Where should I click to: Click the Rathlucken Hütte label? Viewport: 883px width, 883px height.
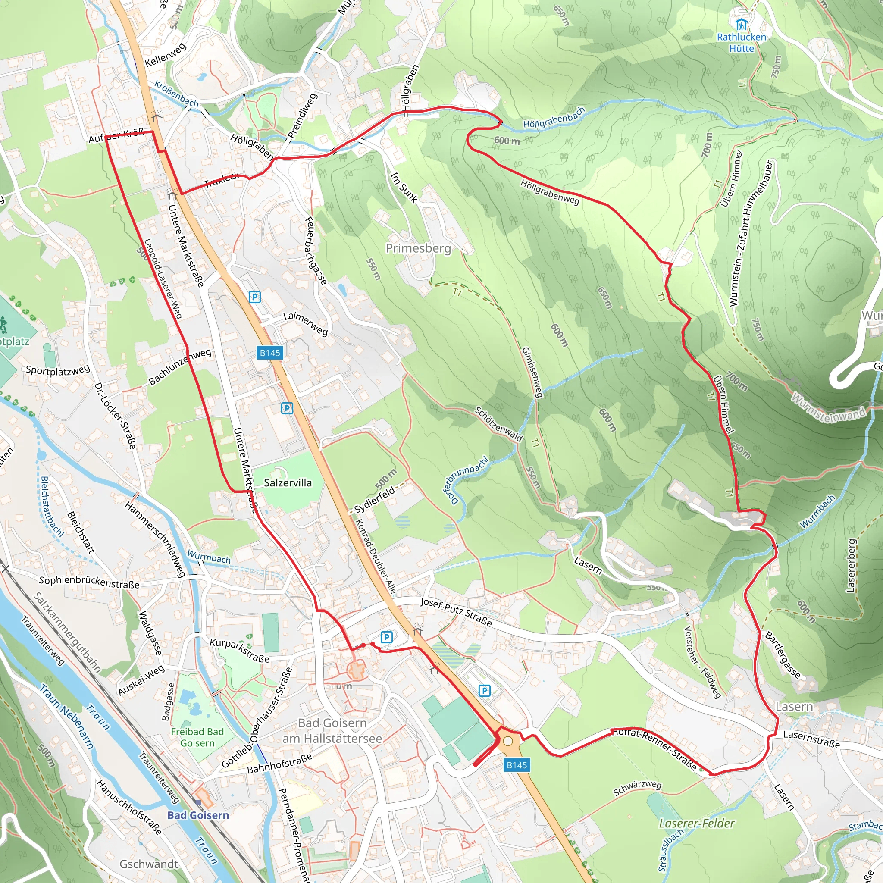(741, 43)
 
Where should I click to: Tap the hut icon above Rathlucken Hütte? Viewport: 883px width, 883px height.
(741, 23)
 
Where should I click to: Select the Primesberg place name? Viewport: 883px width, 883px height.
(418, 248)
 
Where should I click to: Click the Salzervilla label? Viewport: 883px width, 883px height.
(288, 482)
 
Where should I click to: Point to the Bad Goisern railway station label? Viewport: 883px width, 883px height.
(198, 815)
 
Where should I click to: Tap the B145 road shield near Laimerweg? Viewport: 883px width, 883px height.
(269, 352)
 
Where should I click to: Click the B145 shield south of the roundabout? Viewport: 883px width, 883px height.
(517, 764)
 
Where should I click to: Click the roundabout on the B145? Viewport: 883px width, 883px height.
(508, 740)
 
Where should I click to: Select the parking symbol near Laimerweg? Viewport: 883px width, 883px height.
(254, 297)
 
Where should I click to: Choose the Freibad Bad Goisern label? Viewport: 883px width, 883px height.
(197, 737)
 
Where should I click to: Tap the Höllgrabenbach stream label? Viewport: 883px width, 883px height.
(554, 118)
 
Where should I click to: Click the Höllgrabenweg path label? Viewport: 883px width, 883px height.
(549, 191)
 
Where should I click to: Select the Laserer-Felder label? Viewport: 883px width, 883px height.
(697, 823)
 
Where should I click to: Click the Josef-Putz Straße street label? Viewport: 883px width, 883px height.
(456, 612)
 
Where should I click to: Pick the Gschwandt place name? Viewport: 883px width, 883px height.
(149, 864)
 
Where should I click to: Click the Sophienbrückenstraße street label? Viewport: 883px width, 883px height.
(89, 582)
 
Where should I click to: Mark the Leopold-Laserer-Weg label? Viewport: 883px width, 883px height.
(163, 279)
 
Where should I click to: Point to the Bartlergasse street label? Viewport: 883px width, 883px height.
(783, 654)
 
